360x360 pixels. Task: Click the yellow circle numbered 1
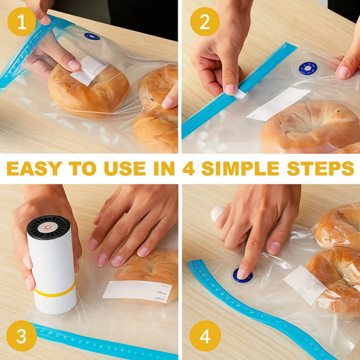coord(22,22)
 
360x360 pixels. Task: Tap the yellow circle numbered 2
coord(205,22)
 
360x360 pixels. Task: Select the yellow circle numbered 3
coord(22,336)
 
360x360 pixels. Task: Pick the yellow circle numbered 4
coord(205,336)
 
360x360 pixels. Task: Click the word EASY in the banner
coord(34,168)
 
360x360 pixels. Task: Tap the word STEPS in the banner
coord(320,168)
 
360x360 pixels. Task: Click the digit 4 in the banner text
coord(188,168)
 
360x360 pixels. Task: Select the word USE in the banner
coord(125,168)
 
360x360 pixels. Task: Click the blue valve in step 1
coord(92,36)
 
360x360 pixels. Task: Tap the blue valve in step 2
coord(308,68)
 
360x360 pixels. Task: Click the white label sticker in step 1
coord(89,70)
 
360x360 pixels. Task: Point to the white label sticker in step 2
coord(278,104)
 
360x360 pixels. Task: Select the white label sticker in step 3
coord(137,291)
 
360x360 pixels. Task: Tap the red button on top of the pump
coord(48,228)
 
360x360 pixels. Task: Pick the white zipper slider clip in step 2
coord(240,94)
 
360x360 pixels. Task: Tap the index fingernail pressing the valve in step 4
coord(242,274)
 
